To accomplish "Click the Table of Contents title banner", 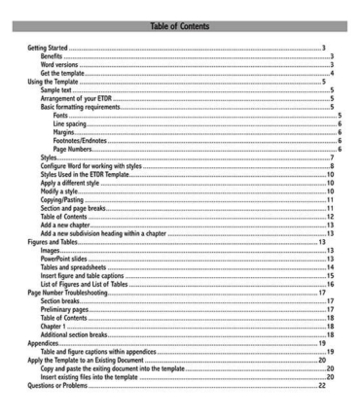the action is point(180,14).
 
